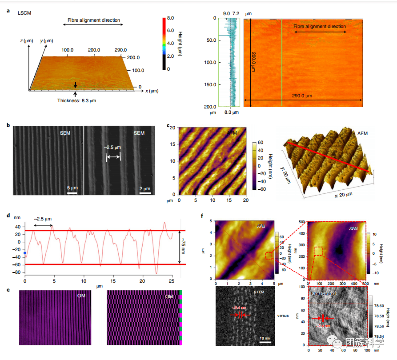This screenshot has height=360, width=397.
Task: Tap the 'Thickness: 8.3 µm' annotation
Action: pos(76,100)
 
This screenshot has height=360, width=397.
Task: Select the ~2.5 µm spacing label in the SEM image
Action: pos(112,148)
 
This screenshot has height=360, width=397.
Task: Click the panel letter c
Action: pos(168,126)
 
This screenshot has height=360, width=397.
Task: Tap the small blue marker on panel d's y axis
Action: pos(25,253)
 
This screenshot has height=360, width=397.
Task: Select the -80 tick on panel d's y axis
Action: pos(18,272)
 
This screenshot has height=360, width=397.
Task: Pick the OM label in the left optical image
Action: pos(81,296)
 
